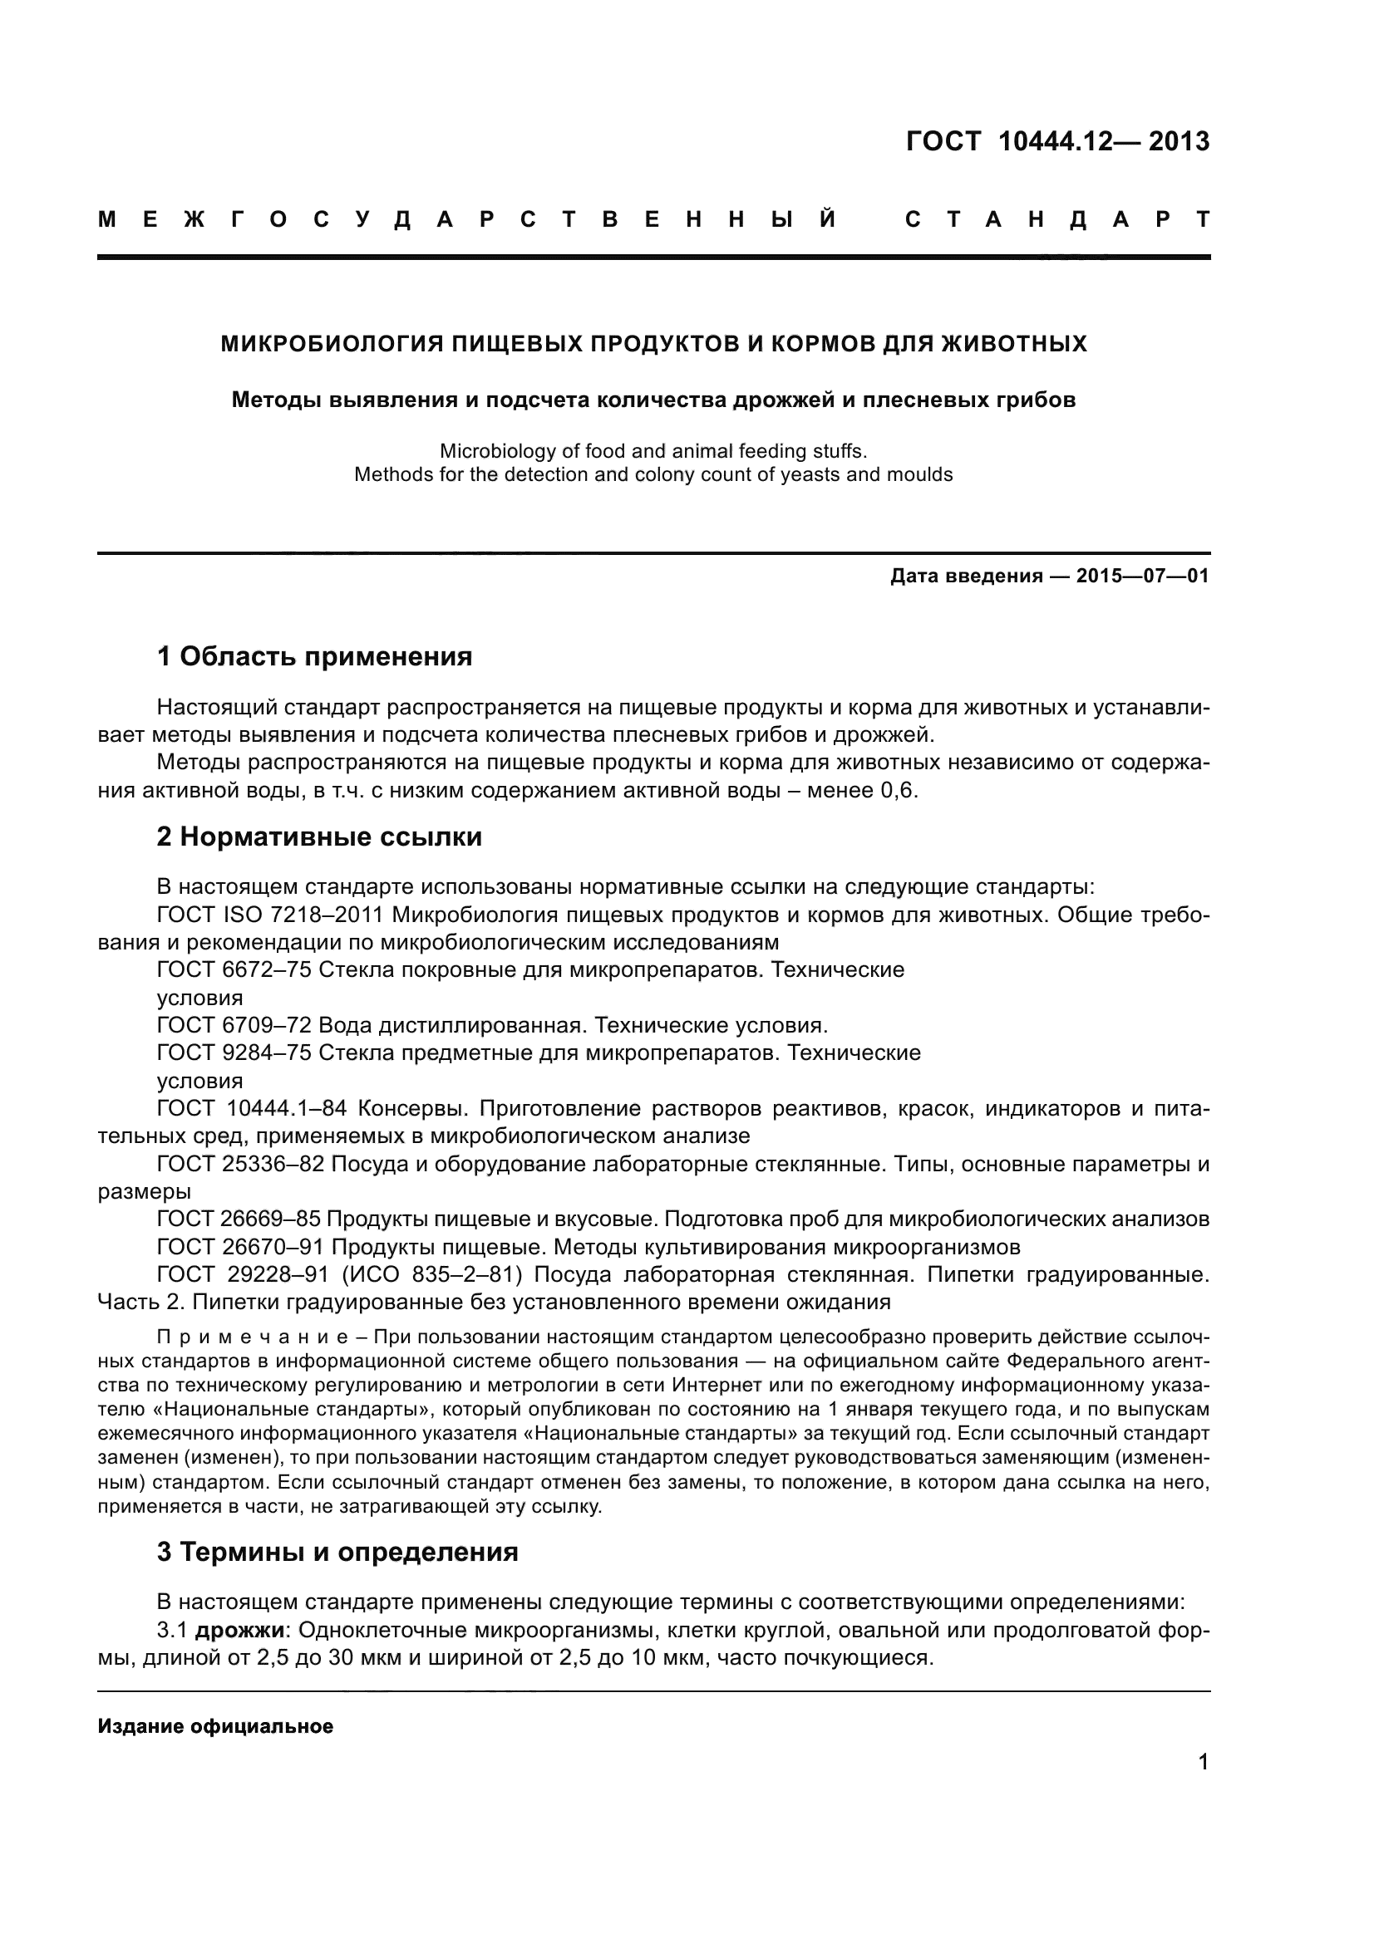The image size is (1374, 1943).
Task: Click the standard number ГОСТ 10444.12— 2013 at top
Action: (x=1057, y=140)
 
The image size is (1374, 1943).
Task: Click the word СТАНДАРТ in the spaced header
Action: (x=1057, y=220)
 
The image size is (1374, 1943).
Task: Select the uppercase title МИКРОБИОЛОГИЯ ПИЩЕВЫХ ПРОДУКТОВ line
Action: (x=653, y=344)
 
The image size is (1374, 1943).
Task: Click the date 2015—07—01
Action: (x=1142, y=577)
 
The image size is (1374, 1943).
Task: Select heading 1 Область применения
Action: (x=314, y=656)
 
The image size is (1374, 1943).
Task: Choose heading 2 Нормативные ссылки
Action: (x=319, y=837)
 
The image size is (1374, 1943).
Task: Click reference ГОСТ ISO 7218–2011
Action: (x=271, y=915)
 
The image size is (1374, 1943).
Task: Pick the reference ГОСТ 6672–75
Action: (x=234, y=969)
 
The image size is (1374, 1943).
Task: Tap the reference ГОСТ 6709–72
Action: (x=234, y=1026)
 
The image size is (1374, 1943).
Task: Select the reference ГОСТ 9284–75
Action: (x=234, y=1053)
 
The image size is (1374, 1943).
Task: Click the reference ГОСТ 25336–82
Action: (x=240, y=1165)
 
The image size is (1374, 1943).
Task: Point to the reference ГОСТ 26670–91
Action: (x=240, y=1248)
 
